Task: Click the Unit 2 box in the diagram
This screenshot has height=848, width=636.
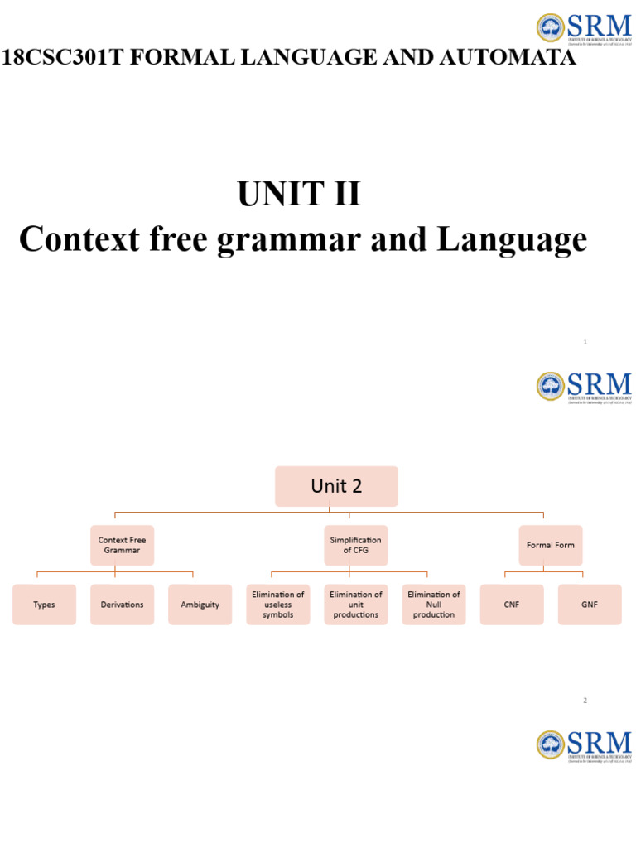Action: point(336,486)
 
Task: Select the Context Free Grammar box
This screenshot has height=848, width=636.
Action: point(122,545)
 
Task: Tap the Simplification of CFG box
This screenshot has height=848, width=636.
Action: point(355,545)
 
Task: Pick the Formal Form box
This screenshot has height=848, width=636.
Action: point(550,545)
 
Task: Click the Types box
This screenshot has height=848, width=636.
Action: point(44,605)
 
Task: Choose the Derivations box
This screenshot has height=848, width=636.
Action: point(122,605)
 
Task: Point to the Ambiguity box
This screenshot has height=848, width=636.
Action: point(200,605)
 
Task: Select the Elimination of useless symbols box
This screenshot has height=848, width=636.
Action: point(277,605)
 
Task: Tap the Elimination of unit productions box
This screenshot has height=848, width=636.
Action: point(355,605)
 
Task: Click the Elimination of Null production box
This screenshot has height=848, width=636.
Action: point(433,605)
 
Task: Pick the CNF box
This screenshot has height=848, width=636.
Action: point(511,605)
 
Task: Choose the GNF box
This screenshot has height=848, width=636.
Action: point(589,605)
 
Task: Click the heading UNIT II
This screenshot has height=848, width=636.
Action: point(299,195)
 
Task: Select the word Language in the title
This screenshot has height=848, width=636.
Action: point(512,240)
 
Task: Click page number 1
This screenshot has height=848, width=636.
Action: point(585,341)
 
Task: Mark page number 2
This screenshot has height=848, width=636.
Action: point(585,701)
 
